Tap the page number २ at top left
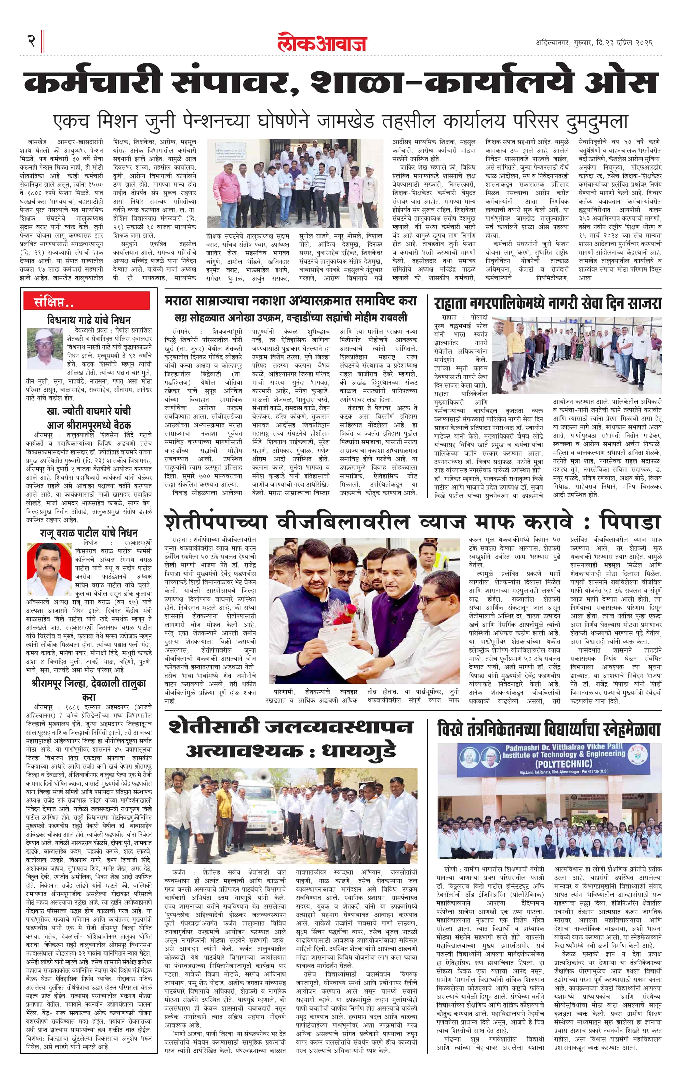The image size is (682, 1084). click(x=31, y=41)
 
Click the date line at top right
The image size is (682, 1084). click(x=594, y=43)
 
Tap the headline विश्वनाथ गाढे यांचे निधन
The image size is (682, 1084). click(x=89, y=320)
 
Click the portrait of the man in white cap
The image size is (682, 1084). click(x=45, y=349)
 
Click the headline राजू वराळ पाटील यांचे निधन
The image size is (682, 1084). click(x=89, y=533)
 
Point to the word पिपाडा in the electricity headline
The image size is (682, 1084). click(x=630, y=522)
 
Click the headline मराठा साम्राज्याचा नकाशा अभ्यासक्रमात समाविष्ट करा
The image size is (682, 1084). click(x=291, y=300)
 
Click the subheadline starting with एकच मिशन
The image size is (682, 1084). click(x=340, y=122)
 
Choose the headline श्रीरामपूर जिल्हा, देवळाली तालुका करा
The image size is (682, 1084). click(x=89, y=689)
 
